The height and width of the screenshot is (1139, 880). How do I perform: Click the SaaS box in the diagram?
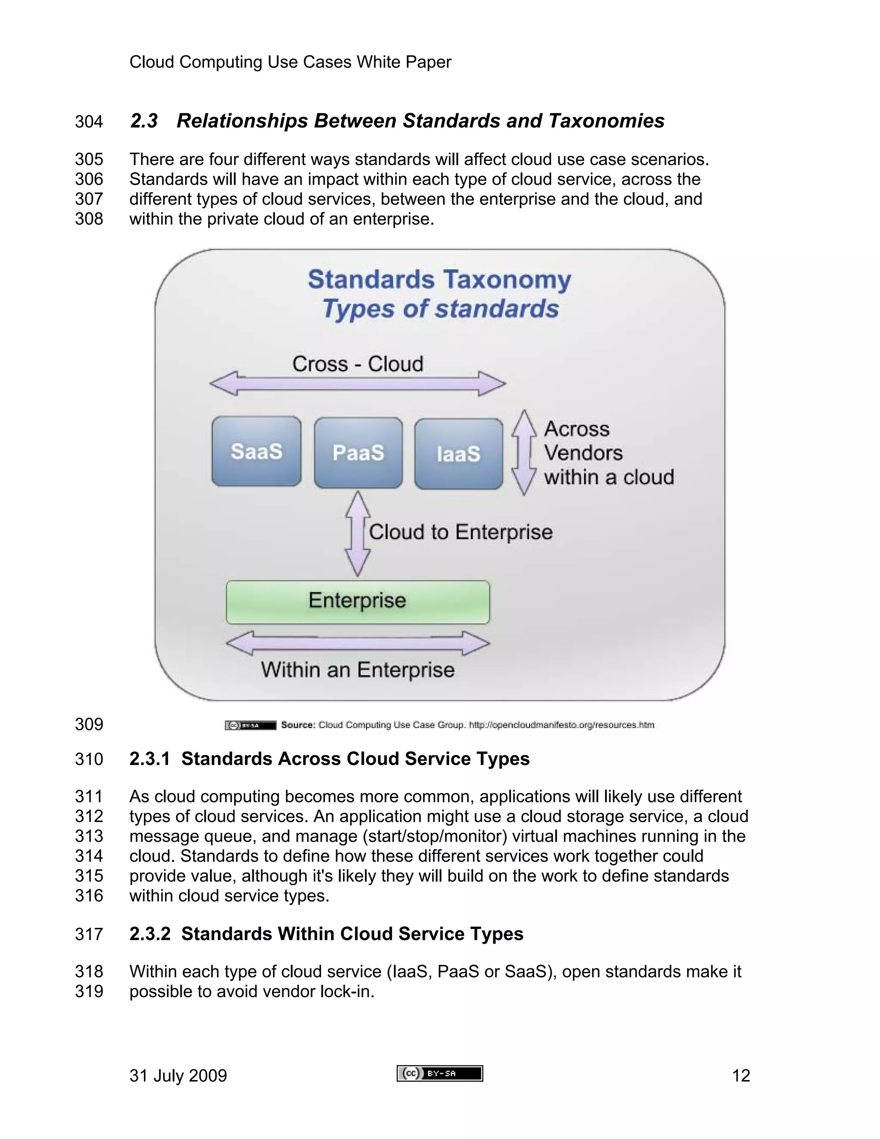coord(256,451)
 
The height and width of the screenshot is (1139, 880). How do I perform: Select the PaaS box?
coord(358,453)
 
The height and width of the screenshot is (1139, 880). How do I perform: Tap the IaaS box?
coord(458,454)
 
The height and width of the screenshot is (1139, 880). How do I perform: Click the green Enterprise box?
coord(357,602)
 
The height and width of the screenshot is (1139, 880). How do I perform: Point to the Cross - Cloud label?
coord(357,364)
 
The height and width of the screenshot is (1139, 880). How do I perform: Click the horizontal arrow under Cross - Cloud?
coord(357,384)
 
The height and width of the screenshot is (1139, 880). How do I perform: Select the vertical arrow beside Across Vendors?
coord(523,452)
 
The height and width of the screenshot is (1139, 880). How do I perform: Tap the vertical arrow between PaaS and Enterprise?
coord(357,533)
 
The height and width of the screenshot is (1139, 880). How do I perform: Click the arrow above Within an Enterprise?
coord(357,643)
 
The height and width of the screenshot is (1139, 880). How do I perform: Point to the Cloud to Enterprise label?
coord(460,532)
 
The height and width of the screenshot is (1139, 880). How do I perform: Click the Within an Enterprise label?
coord(357,670)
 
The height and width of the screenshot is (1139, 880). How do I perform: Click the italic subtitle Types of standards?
coord(440,308)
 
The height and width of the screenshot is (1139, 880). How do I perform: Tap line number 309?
coord(89,724)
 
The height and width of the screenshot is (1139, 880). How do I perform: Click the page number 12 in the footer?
coord(741,1075)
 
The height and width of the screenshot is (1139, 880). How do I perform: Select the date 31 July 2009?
coord(178,1075)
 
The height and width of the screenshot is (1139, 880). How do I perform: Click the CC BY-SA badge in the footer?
coord(440,1073)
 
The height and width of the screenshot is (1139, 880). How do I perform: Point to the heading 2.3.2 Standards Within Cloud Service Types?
coord(327,934)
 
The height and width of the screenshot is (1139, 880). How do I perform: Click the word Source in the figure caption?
coord(298,725)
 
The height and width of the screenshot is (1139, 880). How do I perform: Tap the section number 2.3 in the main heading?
coord(144,121)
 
